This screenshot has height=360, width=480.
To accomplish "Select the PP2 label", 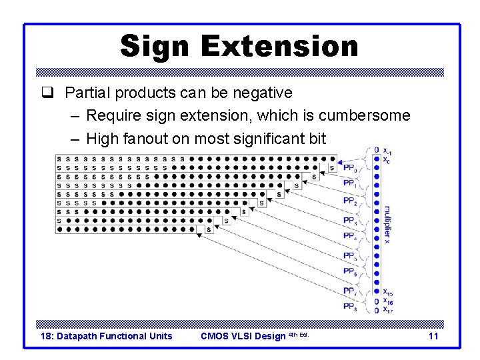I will click(x=350, y=201).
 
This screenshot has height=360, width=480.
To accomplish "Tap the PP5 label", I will click(x=350, y=256).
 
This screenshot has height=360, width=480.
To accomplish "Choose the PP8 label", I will click(x=350, y=307).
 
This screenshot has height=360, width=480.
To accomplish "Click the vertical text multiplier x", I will click(x=387, y=224).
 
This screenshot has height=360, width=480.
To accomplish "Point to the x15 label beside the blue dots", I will click(x=387, y=292).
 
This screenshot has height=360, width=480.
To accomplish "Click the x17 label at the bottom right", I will click(x=387, y=309).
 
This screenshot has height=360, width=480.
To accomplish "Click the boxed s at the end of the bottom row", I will click(x=209, y=229).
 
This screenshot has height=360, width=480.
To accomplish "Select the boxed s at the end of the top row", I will click(x=332, y=168).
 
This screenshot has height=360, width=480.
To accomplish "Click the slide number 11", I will click(x=433, y=336).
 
